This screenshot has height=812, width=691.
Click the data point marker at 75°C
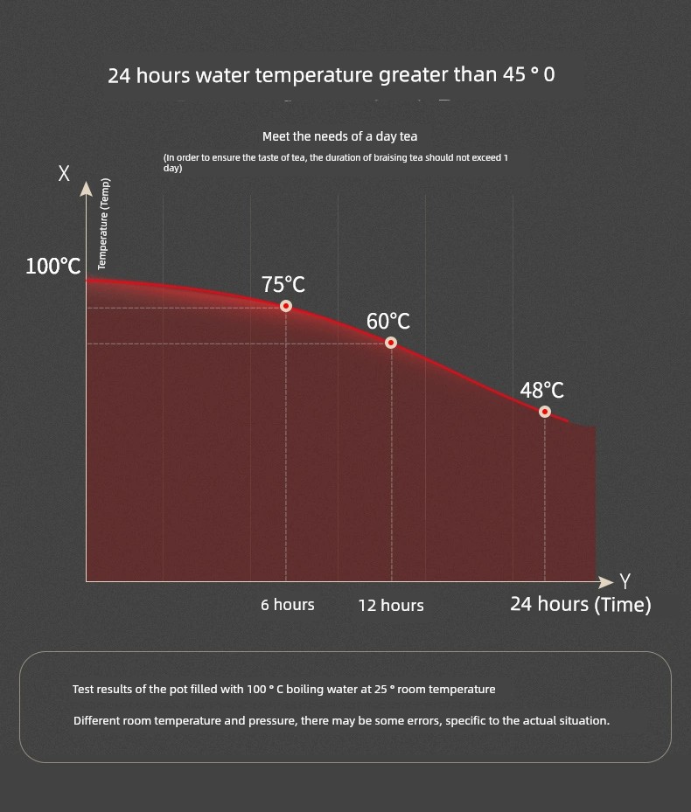286,306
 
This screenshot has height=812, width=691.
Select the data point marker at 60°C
391,343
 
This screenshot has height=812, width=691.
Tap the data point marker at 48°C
545,412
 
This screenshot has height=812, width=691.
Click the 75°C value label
283,285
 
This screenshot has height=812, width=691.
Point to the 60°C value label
388,322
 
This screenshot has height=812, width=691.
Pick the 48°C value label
542,391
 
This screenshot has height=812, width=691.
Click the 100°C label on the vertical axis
53,267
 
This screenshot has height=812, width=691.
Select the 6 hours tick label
288,605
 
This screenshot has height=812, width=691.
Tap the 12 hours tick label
391,606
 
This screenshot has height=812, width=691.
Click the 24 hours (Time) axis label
581,604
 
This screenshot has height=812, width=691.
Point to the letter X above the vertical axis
64,173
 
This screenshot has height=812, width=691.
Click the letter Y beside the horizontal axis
625,581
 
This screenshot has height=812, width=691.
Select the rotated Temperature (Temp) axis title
102,224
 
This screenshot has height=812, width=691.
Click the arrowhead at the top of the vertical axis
86,189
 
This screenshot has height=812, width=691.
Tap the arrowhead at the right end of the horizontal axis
605,582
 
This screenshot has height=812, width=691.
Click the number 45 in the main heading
514,75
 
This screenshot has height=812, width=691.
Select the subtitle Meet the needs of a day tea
340,136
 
